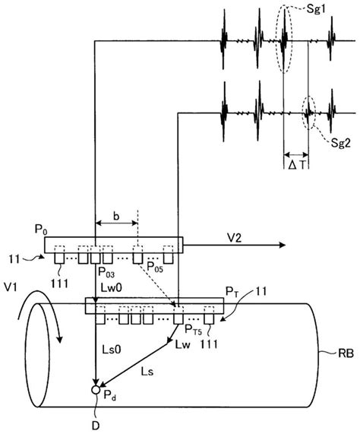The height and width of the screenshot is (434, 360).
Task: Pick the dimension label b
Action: pyautogui.click(x=116, y=216)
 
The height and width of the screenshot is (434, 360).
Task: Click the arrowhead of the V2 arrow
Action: pyautogui.click(x=280, y=245)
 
